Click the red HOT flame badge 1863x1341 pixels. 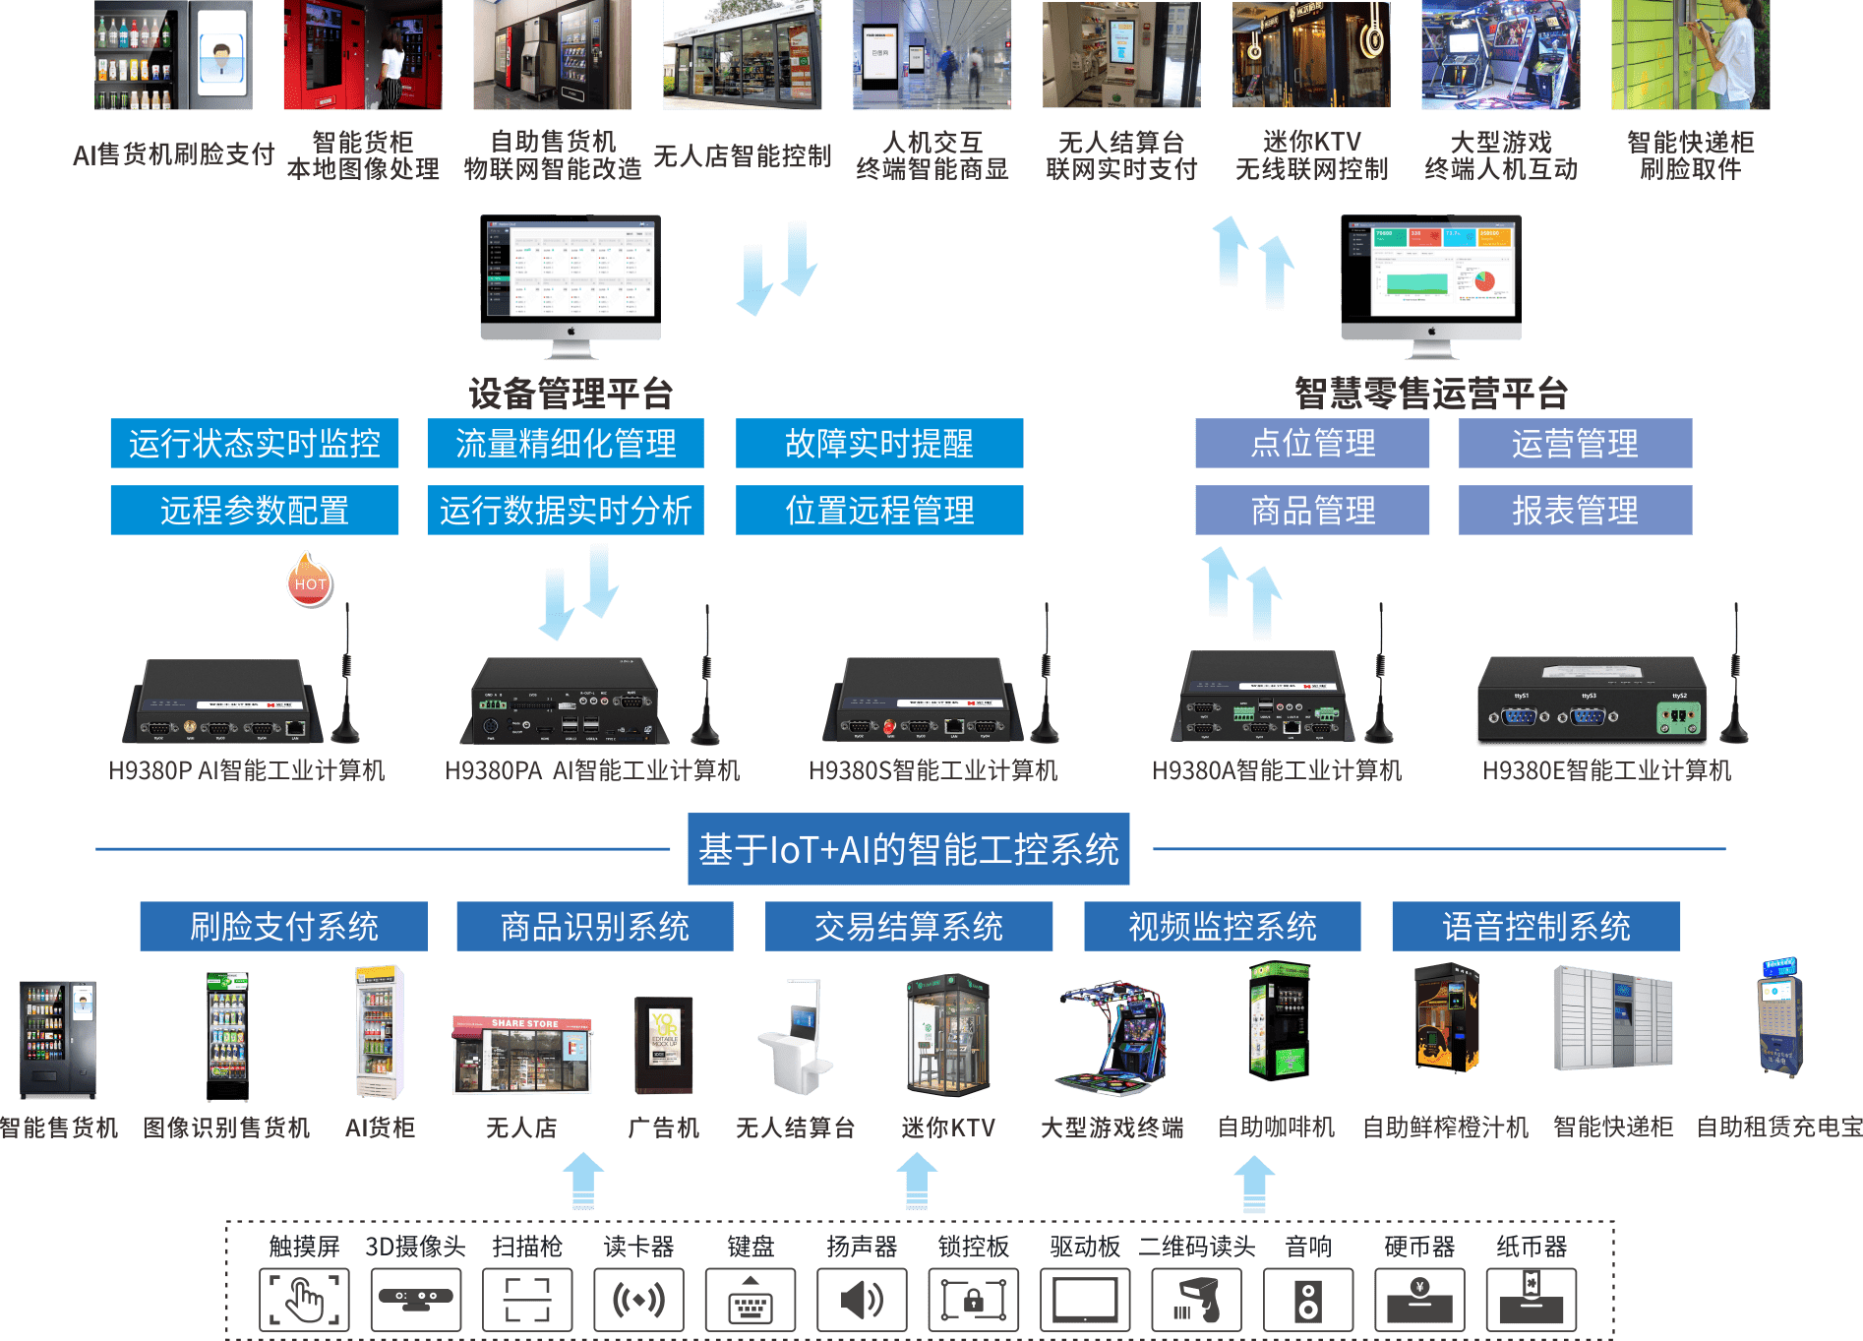tap(310, 580)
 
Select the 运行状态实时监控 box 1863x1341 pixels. tap(255, 444)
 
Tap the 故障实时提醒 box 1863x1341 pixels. tap(879, 444)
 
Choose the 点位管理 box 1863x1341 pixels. tap(1312, 444)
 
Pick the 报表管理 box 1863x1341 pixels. tap(1575, 511)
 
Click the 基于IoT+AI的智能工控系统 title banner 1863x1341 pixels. tap(908, 849)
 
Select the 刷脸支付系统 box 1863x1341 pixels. tap(283, 927)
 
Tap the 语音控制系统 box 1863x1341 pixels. tap(1535, 927)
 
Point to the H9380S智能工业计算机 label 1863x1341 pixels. tap(932, 770)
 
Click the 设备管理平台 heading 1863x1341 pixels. tap(571, 394)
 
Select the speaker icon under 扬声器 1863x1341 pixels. tap(862, 1300)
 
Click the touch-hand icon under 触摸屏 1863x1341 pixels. tap(304, 1300)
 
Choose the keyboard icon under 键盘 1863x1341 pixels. tap(751, 1300)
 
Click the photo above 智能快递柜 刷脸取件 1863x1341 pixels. tap(1690, 55)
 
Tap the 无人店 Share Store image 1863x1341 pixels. tap(522, 1056)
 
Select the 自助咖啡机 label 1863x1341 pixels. tap(1276, 1128)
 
